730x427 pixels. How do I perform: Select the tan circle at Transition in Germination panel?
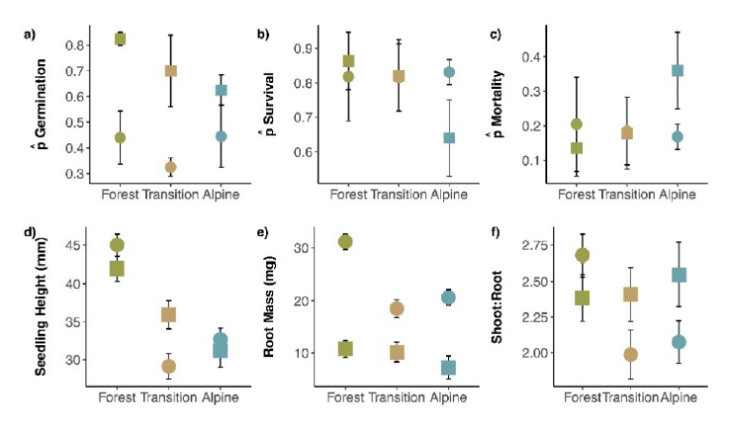pyautogui.click(x=170, y=167)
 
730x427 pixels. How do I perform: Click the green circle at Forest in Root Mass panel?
pyautogui.click(x=346, y=241)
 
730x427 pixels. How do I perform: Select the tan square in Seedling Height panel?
pyautogui.click(x=169, y=314)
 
